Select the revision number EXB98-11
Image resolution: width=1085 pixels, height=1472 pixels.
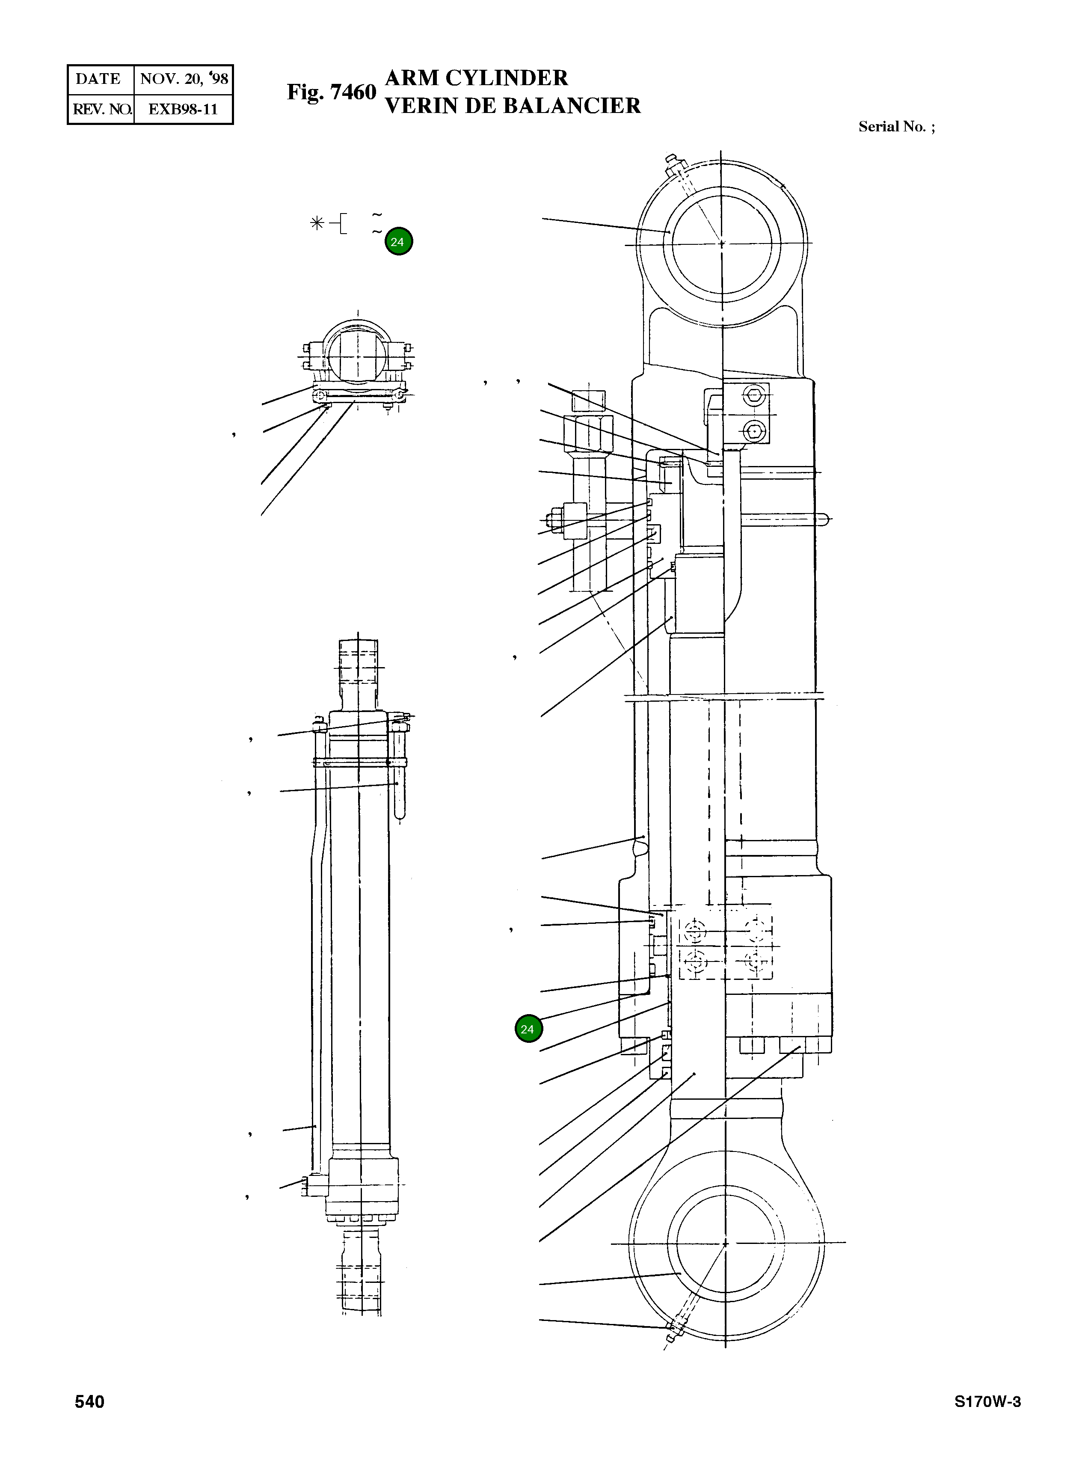pyautogui.click(x=183, y=109)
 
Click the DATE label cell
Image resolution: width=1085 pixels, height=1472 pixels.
pyautogui.click(x=98, y=79)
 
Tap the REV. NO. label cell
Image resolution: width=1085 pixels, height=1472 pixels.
pyautogui.click(x=101, y=109)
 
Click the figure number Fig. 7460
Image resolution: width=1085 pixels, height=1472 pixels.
pyautogui.click(x=331, y=92)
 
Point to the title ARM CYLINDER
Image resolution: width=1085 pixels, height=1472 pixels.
pyautogui.click(x=476, y=78)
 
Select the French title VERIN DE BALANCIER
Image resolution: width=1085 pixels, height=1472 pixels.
pyautogui.click(x=512, y=106)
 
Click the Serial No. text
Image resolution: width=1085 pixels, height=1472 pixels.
pyautogui.click(x=896, y=127)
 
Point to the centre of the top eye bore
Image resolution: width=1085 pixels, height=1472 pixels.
pyautogui.click(x=722, y=243)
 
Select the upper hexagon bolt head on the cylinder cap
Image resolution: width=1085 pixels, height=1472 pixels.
pyautogui.click(x=753, y=395)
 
